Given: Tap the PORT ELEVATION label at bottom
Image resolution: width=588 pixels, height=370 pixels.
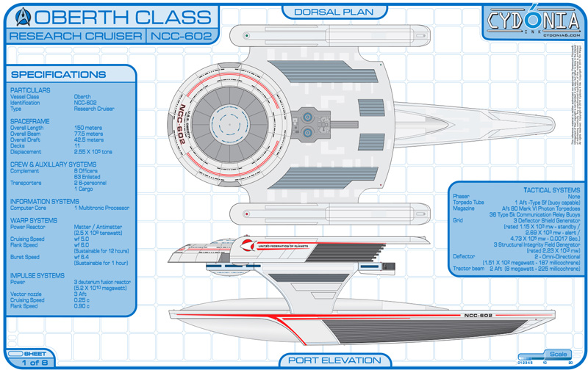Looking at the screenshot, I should tap(334, 360).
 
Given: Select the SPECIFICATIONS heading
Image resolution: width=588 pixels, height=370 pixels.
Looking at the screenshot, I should tap(59, 74).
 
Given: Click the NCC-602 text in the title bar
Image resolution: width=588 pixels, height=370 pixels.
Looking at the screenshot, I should tap(181, 35).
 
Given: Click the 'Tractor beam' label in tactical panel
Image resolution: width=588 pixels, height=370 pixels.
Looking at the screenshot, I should tap(468, 269).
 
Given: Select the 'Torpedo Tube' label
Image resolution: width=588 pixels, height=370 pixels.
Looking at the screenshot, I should tap(470, 202).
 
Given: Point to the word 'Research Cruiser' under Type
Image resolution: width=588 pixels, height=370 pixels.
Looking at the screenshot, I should tap(94, 109).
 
